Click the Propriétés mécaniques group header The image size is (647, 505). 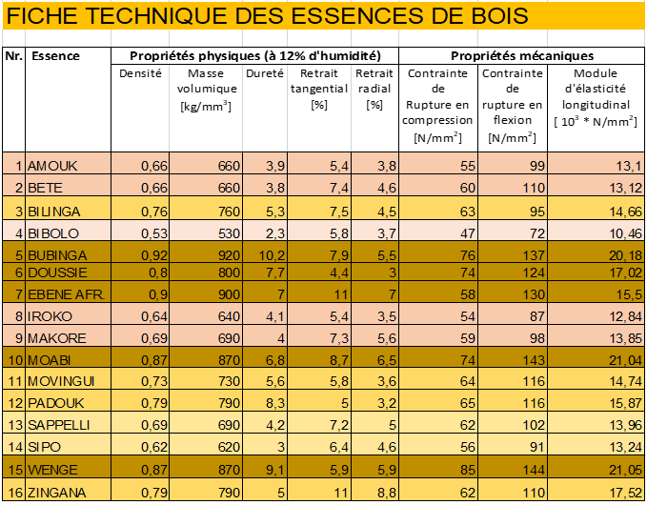[521, 55]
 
